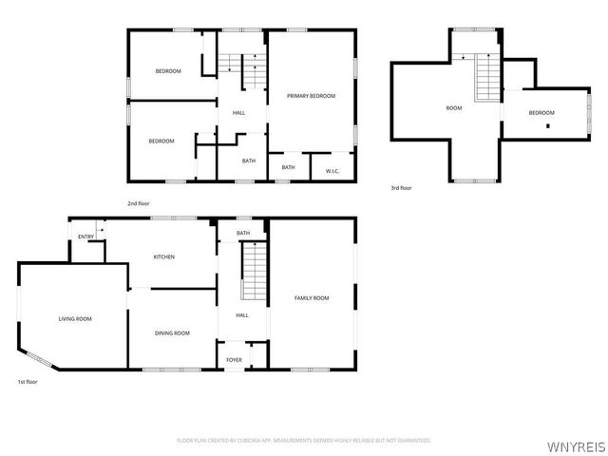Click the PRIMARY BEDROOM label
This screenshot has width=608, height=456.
(x=312, y=96)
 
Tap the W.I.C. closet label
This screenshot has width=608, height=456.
(x=332, y=170)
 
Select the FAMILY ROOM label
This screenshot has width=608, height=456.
(x=312, y=298)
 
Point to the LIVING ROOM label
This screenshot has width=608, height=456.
(x=75, y=318)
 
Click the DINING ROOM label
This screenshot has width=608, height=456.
(x=173, y=332)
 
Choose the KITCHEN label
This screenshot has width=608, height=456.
(x=165, y=256)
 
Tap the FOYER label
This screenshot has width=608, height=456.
(x=234, y=360)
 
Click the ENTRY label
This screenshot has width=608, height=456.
(x=85, y=237)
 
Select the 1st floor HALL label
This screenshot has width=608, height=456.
(x=242, y=314)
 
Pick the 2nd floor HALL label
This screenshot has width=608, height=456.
(x=238, y=114)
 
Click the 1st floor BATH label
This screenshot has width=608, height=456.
(x=243, y=233)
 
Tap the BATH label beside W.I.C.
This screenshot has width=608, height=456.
(x=288, y=167)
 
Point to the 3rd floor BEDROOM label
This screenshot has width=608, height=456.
(x=541, y=113)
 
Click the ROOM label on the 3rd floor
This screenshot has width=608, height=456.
(x=454, y=108)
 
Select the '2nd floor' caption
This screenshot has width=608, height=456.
(x=139, y=203)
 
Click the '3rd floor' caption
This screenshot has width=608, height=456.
(x=401, y=188)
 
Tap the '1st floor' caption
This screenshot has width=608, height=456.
(x=28, y=382)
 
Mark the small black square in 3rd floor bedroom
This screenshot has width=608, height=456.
(x=548, y=124)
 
